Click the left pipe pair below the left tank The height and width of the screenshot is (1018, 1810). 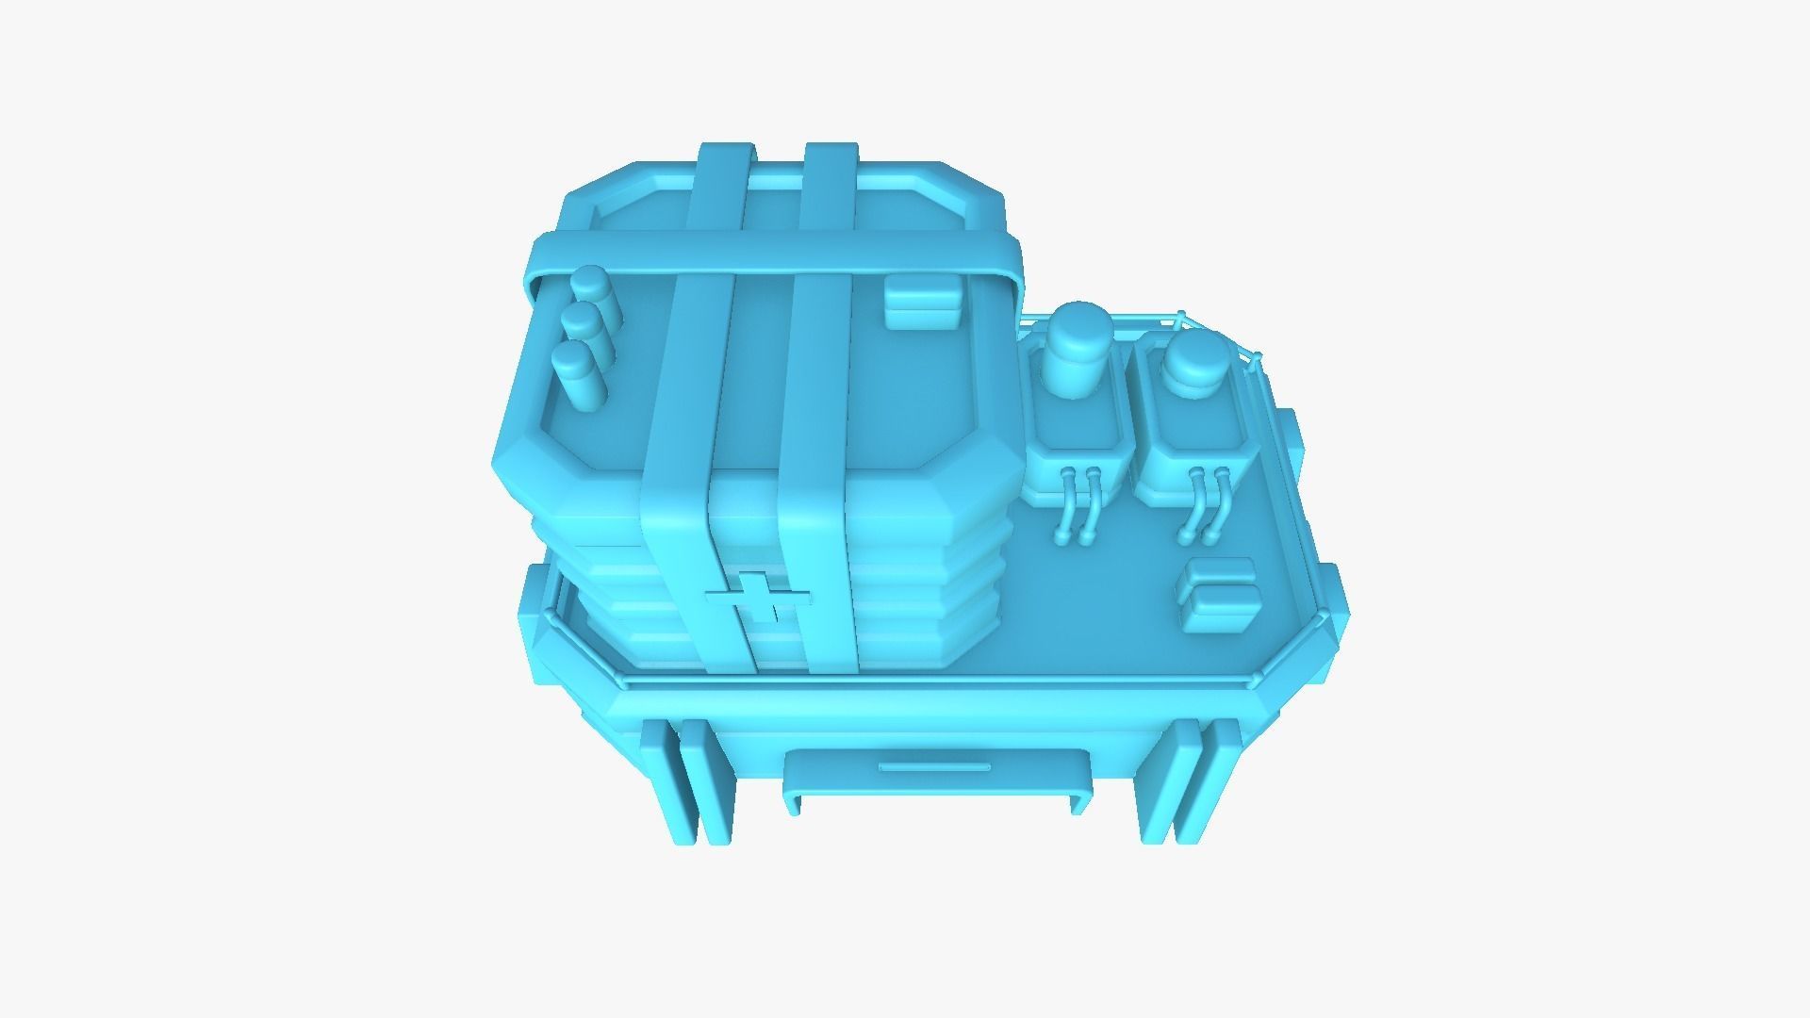[1078, 503]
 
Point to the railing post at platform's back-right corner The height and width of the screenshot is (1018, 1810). [1256, 358]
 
